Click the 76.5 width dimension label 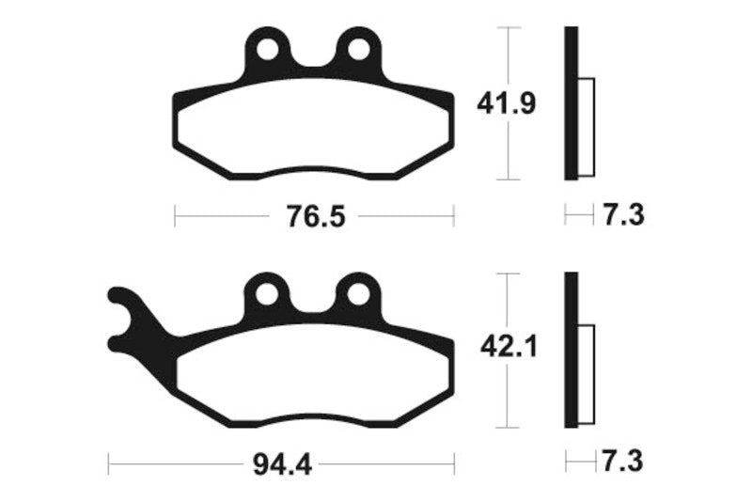pyautogui.click(x=314, y=218)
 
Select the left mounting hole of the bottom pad pyautogui.click(x=266, y=293)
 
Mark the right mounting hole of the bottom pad pyautogui.click(x=357, y=293)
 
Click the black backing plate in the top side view pyautogui.click(x=570, y=103)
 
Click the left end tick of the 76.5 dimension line pyautogui.click(x=176, y=217)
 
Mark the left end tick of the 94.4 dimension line pyautogui.click(x=109, y=462)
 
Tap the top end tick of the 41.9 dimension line pyautogui.click(x=508, y=28)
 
